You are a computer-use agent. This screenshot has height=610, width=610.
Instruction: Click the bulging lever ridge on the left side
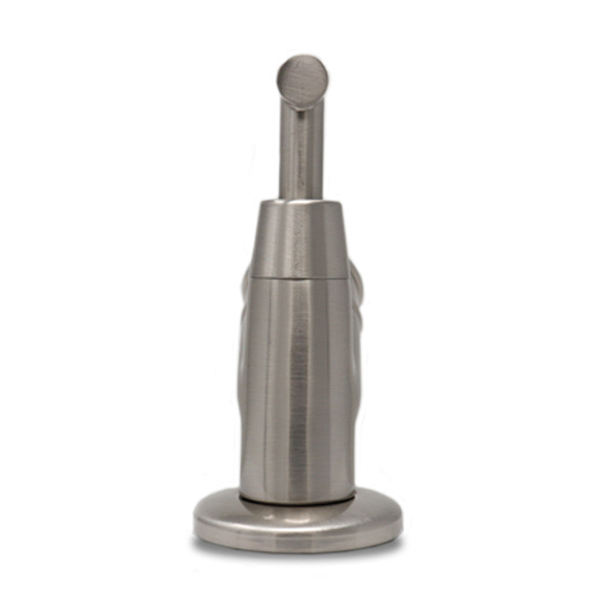[x=244, y=334]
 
